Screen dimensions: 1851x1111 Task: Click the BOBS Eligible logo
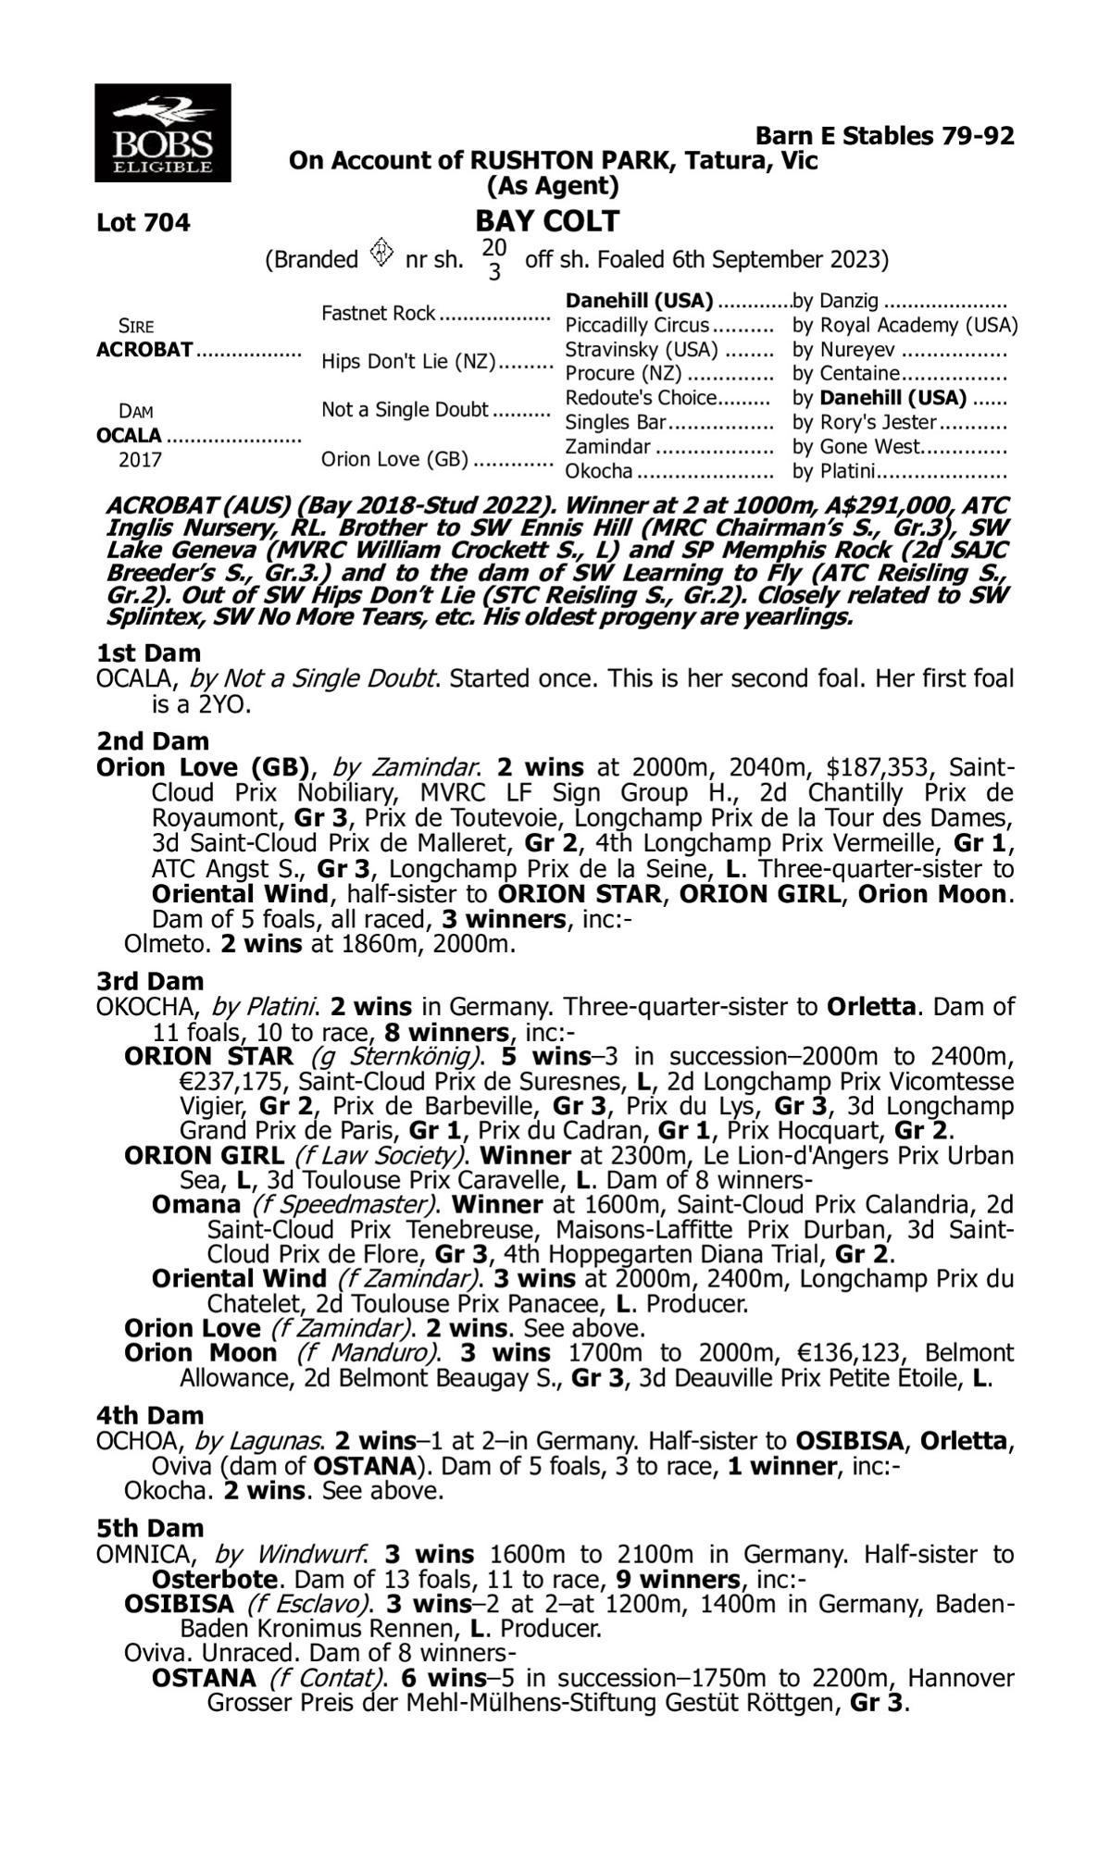[x=162, y=132]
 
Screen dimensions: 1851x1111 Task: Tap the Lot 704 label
[x=144, y=223]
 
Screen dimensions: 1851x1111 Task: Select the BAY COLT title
[x=547, y=222]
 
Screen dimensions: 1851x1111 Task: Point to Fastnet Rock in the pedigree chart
[x=378, y=314]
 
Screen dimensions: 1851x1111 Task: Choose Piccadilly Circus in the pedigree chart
[x=637, y=326]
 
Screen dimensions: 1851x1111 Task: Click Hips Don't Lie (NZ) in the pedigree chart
[x=408, y=362]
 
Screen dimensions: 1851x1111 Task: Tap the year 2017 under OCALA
[x=140, y=460]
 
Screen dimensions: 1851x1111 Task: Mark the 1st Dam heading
[x=148, y=653]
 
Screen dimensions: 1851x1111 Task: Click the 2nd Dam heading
[x=153, y=741]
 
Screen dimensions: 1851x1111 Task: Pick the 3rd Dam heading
[x=151, y=980]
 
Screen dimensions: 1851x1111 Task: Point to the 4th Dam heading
[x=151, y=1415]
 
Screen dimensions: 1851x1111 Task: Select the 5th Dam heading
[x=151, y=1528]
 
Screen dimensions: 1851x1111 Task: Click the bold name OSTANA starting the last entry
[x=204, y=1678]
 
